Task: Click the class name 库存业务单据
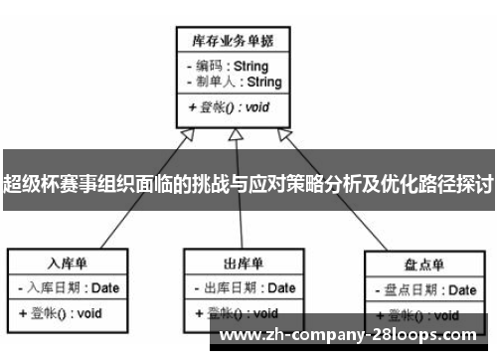(233, 41)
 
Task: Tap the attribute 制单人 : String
(233, 82)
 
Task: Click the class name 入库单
(69, 264)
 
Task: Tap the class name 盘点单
(423, 266)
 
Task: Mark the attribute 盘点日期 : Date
(426, 290)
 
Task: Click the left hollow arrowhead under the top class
(184, 134)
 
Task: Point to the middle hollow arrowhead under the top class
(235, 134)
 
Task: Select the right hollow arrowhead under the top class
(284, 134)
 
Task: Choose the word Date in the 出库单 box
(280, 288)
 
